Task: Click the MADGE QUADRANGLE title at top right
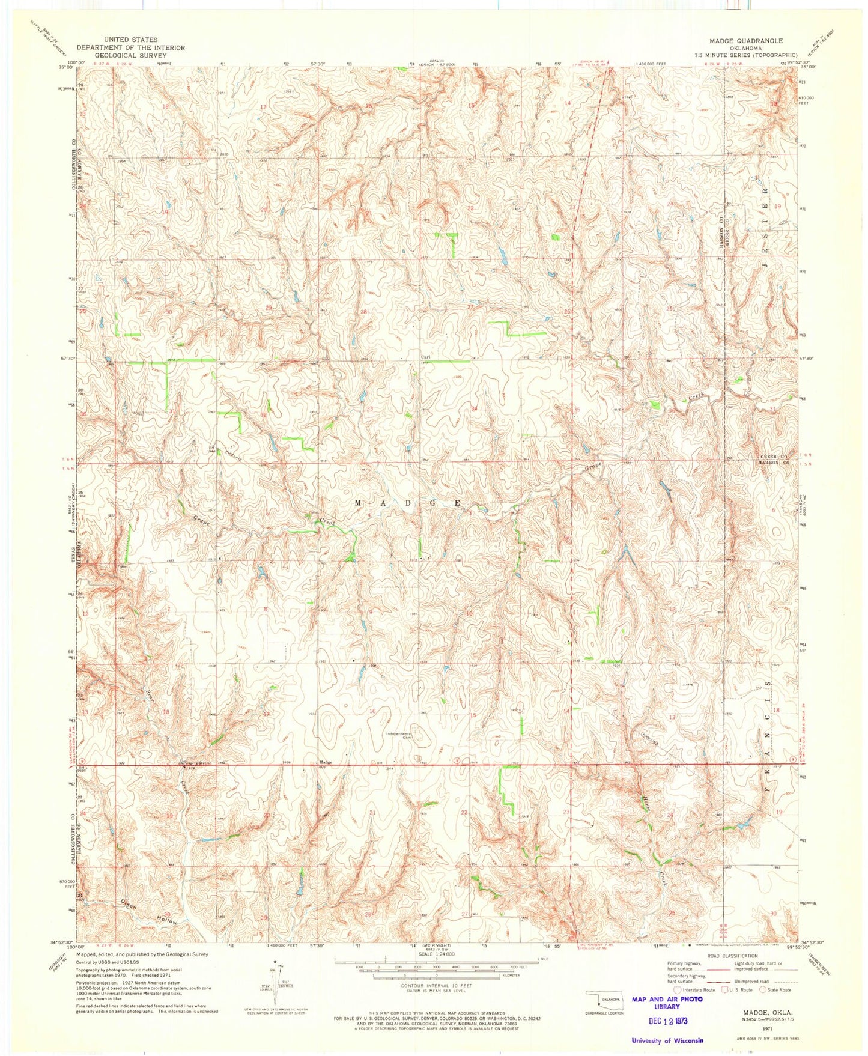(x=746, y=41)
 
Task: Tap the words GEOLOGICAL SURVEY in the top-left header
(x=130, y=55)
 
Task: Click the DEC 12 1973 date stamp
(x=660, y=1021)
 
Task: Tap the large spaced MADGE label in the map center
(x=408, y=502)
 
